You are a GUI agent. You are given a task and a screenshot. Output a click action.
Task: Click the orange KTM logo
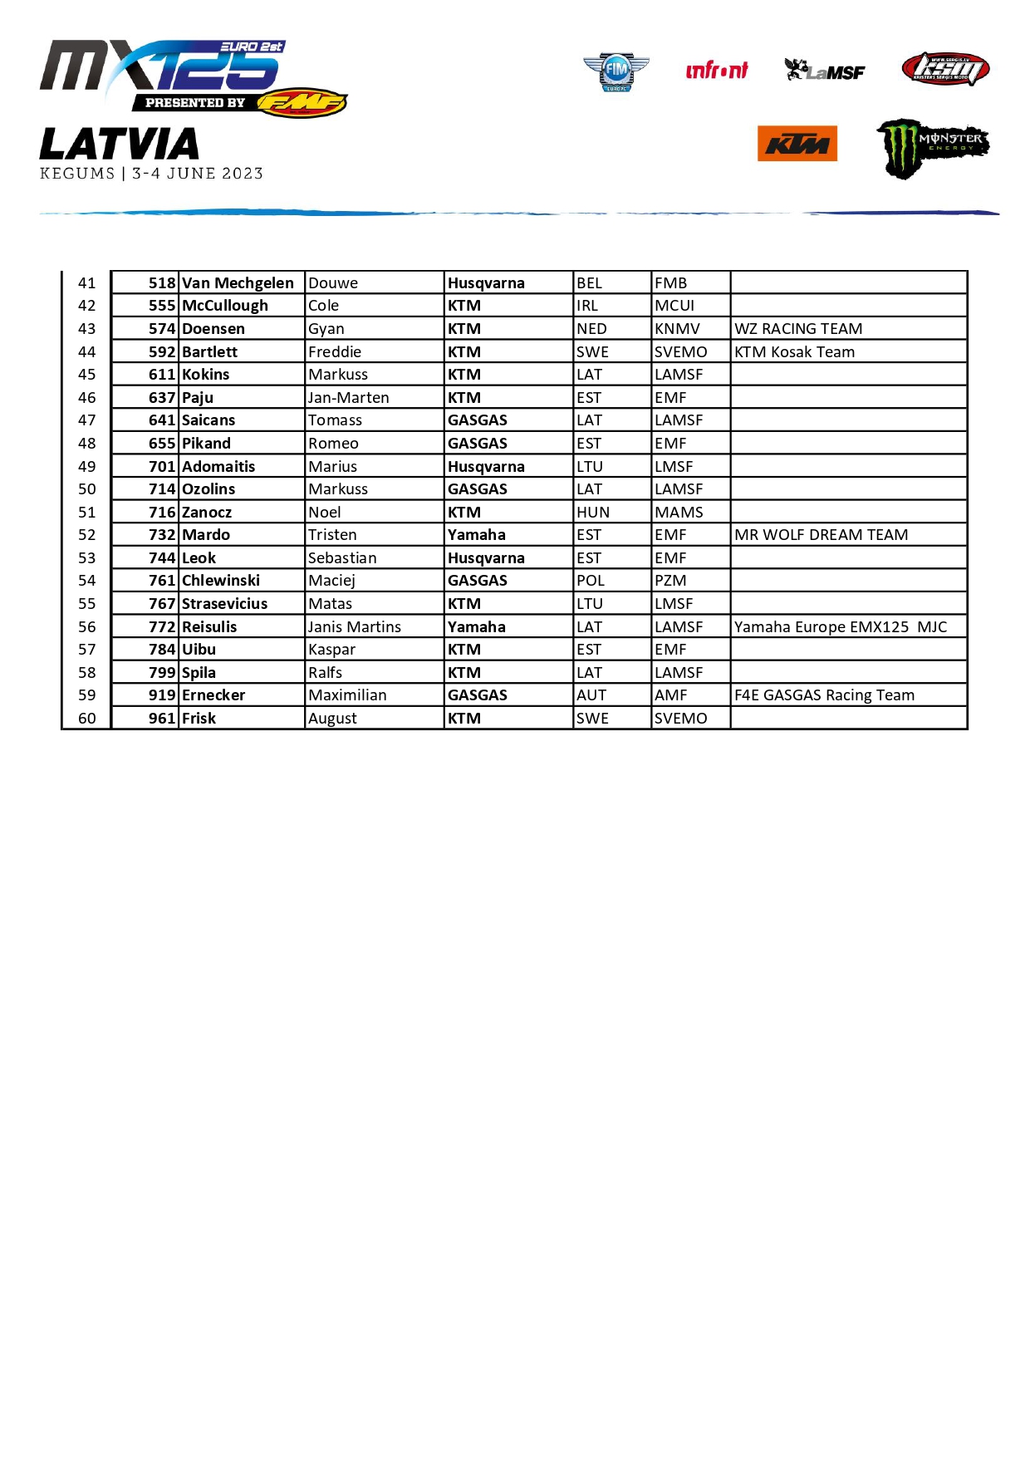pos(797,144)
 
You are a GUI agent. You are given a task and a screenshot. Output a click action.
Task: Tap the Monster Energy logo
pos(932,147)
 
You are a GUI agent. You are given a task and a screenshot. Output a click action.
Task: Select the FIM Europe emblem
pos(616,71)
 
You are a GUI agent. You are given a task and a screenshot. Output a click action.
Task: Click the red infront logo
pos(716,71)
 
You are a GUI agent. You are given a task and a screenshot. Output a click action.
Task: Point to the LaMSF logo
pos(825,71)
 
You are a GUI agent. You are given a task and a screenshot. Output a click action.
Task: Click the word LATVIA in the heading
pos(120,145)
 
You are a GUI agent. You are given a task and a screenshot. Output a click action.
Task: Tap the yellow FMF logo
pos(302,103)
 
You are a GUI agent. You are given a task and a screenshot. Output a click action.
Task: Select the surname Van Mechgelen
pos(238,283)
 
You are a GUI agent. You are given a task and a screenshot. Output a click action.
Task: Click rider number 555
pos(162,306)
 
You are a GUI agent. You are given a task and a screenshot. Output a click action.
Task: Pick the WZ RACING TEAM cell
pos(797,329)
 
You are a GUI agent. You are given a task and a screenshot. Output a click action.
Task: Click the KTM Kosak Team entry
pos(793,352)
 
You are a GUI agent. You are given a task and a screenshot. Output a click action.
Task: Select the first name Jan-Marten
pos(348,398)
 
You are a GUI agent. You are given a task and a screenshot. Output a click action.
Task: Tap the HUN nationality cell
pos(592,513)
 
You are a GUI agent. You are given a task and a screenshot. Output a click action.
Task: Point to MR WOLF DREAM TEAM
pos(821,535)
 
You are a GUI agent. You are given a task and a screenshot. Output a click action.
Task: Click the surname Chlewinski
pos(221,581)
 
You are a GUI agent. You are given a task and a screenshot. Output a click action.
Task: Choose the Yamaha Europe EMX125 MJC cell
pos(840,627)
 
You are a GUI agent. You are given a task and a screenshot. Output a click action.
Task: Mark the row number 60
pos(87,719)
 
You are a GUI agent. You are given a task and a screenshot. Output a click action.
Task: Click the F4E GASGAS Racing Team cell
pos(824,695)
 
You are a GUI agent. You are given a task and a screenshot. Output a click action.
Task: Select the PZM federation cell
pos(670,581)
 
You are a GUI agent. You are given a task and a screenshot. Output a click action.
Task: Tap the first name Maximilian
pos(347,695)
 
